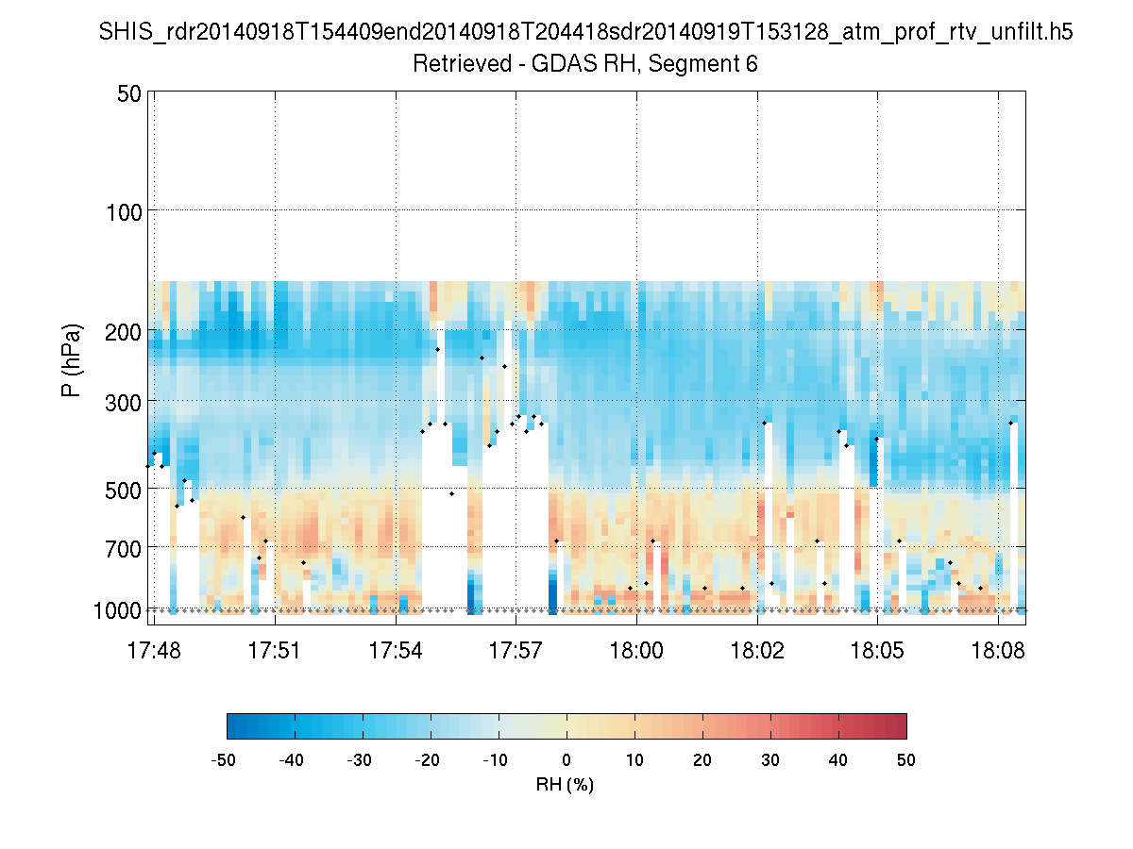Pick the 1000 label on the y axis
(x=117, y=610)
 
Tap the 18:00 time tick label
(x=636, y=650)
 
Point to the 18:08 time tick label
(x=998, y=650)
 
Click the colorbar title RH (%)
(x=565, y=784)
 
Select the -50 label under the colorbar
(x=224, y=759)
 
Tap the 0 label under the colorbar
(x=566, y=759)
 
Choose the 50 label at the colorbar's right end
(x=906, y=759)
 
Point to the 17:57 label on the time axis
(x=516, y=650)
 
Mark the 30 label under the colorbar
(x=770, y=759)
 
